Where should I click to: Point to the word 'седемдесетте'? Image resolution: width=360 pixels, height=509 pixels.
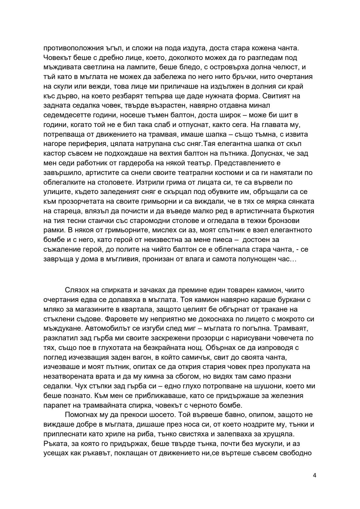click(63, 115)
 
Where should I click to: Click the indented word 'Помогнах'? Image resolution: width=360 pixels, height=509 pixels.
click(80, 415)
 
